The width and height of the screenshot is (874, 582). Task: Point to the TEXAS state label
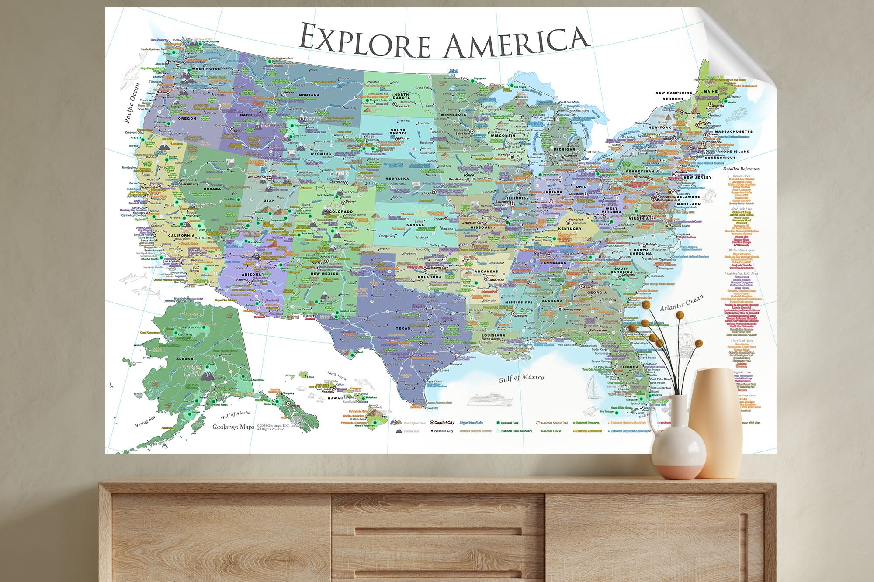pos(403,328)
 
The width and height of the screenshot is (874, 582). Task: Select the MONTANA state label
pos(309,95)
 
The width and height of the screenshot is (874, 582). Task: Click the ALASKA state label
pos(184,358)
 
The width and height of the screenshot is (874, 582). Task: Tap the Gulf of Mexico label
pos(521,378)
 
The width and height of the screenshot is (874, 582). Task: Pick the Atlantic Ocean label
pos(682,303)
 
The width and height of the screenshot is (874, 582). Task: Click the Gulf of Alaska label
pos(236,414)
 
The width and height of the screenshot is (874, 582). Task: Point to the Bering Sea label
pos(145,421)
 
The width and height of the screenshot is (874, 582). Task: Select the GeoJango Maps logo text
pos(233,427)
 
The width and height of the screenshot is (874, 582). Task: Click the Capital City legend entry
pos(444,423)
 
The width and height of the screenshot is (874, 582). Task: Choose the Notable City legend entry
pos(443,431)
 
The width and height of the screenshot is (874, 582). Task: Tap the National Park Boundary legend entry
pos(516,431)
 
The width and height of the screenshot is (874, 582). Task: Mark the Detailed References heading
pos(741,169)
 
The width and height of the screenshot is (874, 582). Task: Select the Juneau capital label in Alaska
pos(295,406)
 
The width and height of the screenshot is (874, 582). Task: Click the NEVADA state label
pos(212,189)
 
